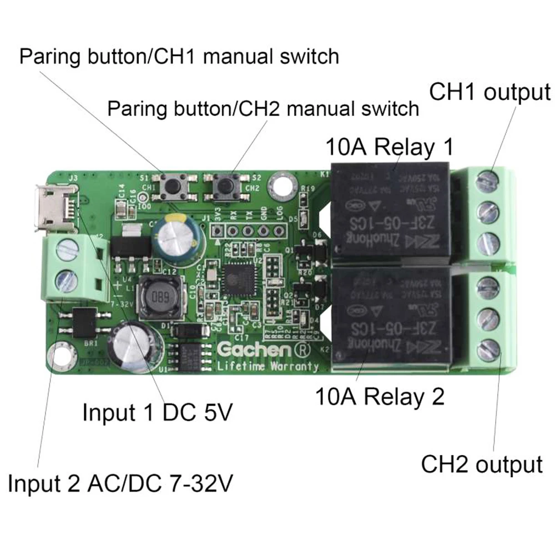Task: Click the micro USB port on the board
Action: (x=54, y=209)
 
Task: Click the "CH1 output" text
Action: (x=490, y=92)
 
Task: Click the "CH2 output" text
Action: (x=482, y=464)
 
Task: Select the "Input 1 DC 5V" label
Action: (x=157, y=413)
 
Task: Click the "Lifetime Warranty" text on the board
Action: (x=268, y=366)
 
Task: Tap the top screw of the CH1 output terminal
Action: (x=487, y=179)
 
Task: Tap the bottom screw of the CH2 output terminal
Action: (x=487, y=349)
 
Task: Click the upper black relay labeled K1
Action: (x=391, y=214)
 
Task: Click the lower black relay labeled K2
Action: (x=392, y=319)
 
